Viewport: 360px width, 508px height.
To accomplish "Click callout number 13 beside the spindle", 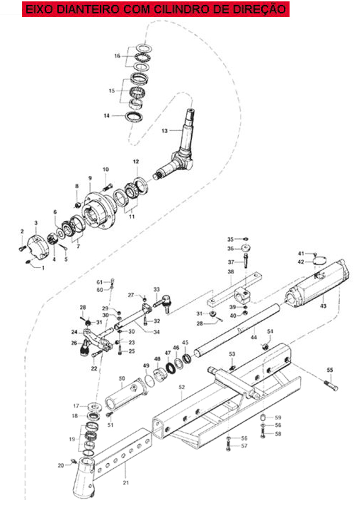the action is click(165, 131).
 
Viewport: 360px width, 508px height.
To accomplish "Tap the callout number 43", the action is click(323, 305).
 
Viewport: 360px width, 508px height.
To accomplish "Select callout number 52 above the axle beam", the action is click(182, 387).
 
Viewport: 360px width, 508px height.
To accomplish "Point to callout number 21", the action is click(126, 483).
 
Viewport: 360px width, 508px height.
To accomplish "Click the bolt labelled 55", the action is click(331, 385).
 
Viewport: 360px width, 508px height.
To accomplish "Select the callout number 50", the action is click(122, 378).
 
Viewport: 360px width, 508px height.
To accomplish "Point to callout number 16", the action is click(117, 56).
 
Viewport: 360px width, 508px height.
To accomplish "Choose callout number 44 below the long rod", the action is click(254, 337).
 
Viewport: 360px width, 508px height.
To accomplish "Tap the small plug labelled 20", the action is click(74, 461).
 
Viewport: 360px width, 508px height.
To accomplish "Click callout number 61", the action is click(100, 282).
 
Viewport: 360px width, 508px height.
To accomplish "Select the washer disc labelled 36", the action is click(247, 249).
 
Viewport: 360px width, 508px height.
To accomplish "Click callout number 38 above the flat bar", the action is click(231, 271).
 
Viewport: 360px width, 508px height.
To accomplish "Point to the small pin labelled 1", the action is click(28, 263).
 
